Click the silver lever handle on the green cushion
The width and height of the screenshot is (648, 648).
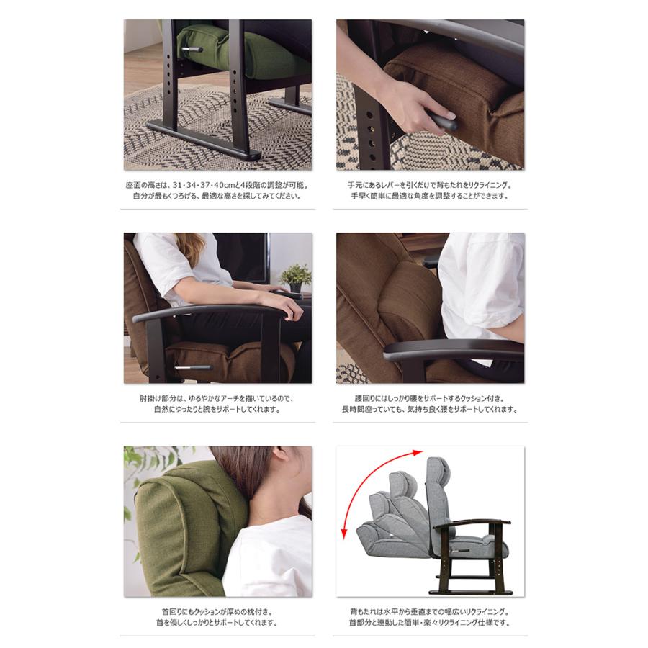(192, 50)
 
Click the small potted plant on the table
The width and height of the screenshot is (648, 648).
(295, 278)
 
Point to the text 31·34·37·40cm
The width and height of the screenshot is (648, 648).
(199, 185)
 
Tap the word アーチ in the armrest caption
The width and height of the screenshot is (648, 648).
(238, 398)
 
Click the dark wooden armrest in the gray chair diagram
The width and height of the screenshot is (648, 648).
(471, 523)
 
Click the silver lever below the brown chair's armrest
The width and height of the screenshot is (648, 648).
(192, 367)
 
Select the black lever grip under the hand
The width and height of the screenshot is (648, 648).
(444, 122)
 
